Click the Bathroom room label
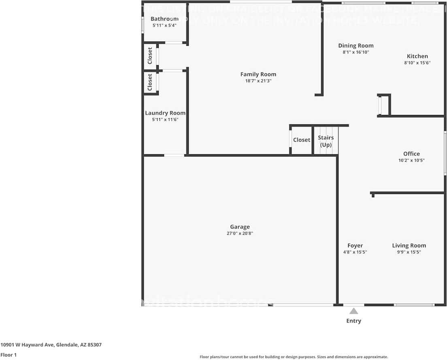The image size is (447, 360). [164, 19]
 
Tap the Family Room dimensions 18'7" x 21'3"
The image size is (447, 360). [258, 81]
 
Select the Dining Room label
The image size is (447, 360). [356, 46]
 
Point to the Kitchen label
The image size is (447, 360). [417, 56]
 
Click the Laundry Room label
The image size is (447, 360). [165, 113]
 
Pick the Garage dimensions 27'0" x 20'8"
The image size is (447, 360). [240, 233]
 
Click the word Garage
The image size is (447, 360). [240, 227]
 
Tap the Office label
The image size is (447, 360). [411, 153]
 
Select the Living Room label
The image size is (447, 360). [409, 245]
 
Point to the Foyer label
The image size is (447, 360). [355, 245]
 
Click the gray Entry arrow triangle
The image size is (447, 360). [354, 311]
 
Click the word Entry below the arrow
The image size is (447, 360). [353, 321]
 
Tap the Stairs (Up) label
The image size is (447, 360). [326, 141]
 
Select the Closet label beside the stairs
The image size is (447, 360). [302, 140]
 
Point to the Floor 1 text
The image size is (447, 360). [9, 355]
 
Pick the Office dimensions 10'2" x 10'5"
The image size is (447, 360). [411, 160]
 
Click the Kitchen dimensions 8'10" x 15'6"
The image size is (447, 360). [417, 63]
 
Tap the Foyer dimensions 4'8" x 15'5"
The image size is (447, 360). [355, 252]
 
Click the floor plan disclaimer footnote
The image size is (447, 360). [294, 357]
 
